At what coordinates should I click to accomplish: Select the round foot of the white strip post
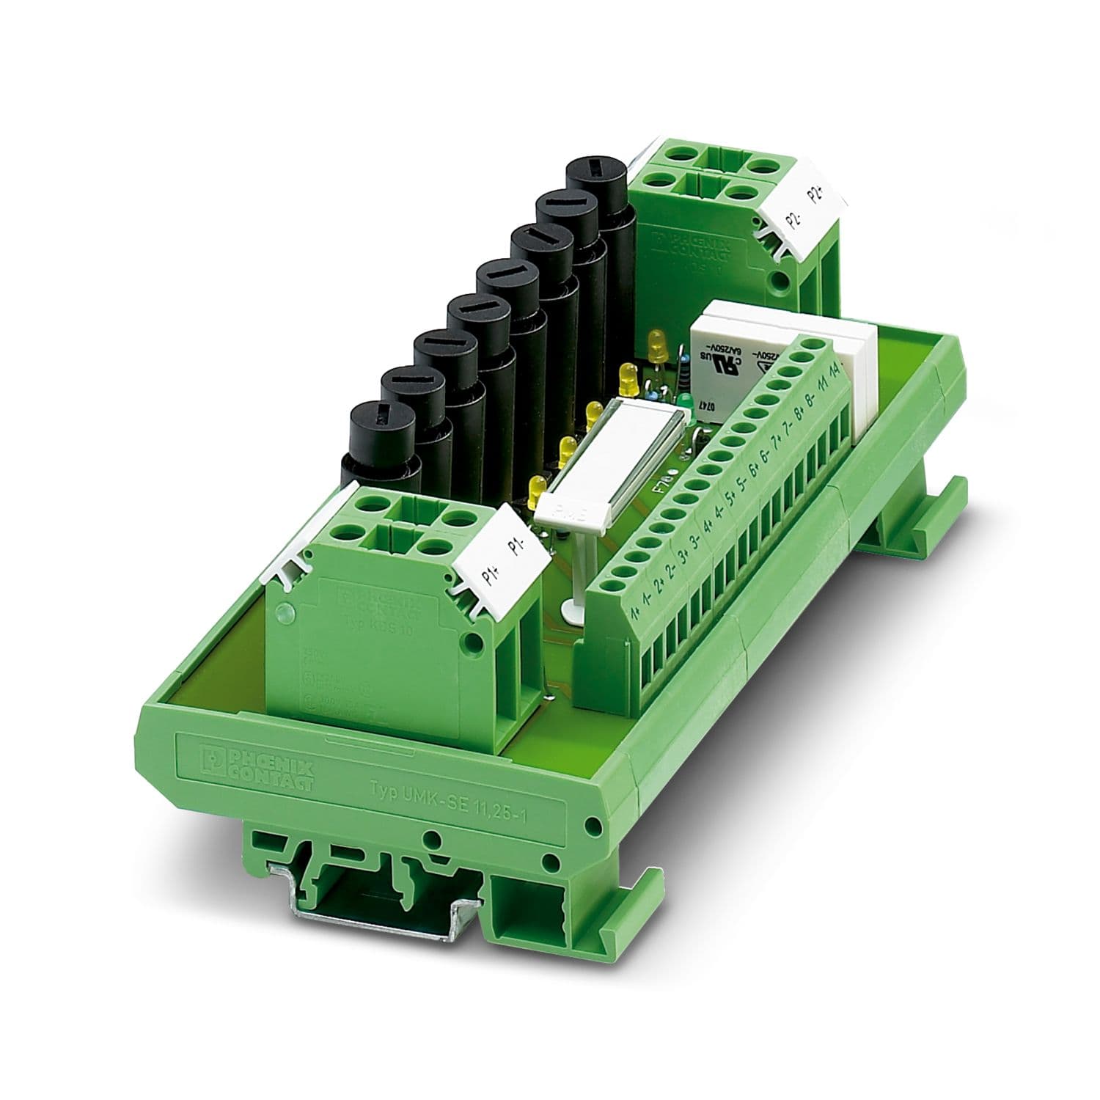click(x=569, y=606)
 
